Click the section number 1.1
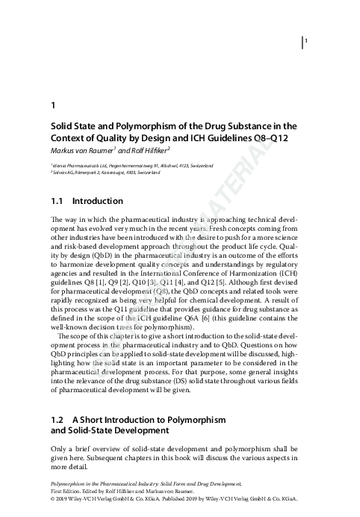pos(57,202)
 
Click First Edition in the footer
pos(66,498)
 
